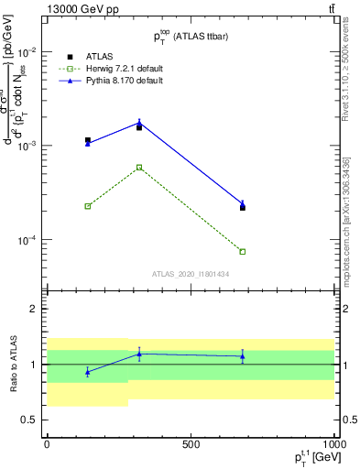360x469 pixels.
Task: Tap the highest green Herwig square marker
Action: (x=139, y=167)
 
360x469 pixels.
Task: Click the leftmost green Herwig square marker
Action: (x=87, y=206)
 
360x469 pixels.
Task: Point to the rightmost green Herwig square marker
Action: (x=243, y=251)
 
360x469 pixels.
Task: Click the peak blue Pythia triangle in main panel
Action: (x=139, y=122)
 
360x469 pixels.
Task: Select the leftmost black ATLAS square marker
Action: (x=87, y=140)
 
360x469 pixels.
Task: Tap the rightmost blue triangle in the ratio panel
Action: (x=243, y=356)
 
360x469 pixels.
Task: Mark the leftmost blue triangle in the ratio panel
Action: (x=87, y=372)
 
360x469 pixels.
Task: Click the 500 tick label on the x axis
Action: (x=191, y=444)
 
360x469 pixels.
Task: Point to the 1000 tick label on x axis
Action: (x=334, y=444)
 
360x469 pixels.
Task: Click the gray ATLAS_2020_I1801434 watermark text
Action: (x=191, y=274)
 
